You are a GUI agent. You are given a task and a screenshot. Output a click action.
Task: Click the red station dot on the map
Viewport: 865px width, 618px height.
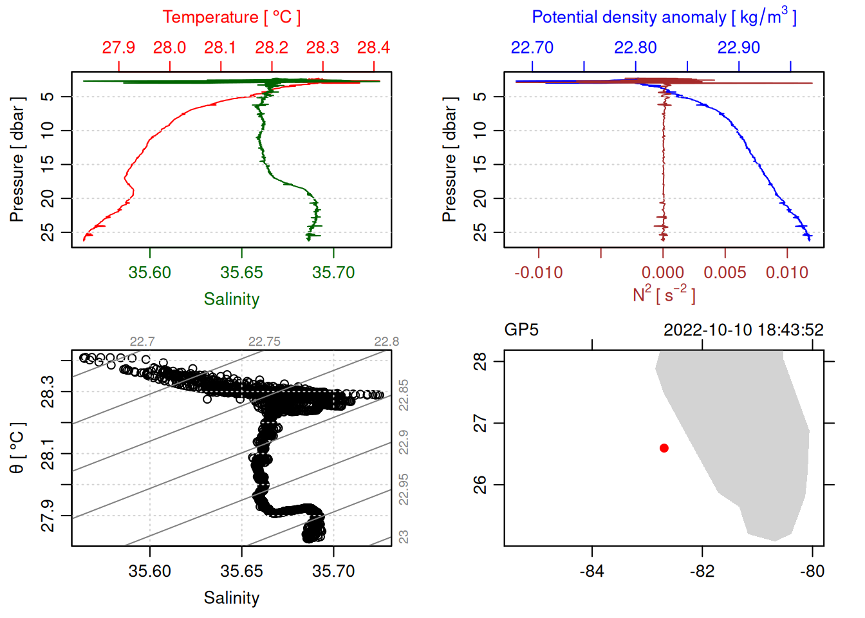click(664, 448)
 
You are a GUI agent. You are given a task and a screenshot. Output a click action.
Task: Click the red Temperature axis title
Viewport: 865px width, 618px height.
click(232, 17)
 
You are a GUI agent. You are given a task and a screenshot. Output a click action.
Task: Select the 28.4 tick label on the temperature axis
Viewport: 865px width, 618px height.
click(373, 48)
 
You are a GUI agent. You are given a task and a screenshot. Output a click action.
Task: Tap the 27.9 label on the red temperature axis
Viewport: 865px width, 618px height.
click(118, 48)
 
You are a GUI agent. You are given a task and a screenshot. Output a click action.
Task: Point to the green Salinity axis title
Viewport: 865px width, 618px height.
click(232, 299)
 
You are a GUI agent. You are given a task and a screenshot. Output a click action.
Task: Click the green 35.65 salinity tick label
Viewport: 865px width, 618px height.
click(241, 272)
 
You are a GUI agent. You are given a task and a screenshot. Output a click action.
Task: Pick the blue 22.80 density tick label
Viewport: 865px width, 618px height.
click(635, 48)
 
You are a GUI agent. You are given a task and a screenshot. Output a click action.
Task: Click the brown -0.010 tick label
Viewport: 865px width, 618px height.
click(538, 272)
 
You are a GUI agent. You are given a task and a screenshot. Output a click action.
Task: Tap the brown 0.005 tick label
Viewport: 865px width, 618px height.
click(725, 272)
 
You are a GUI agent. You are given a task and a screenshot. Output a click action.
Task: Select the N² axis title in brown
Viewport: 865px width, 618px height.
click(664, 294)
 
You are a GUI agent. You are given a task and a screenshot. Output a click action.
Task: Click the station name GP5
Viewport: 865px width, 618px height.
click(521, 330)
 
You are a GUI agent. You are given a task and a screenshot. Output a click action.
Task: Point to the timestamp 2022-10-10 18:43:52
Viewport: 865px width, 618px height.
click(743, 330)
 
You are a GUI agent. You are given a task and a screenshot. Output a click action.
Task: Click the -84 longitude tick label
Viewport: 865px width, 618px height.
click(591, 571)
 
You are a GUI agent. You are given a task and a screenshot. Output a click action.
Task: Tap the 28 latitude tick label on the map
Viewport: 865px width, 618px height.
click(480, 362)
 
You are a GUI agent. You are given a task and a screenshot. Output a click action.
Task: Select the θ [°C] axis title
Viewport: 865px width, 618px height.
click(17, 448)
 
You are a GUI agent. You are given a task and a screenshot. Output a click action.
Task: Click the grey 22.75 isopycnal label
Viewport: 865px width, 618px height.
click(265, 342)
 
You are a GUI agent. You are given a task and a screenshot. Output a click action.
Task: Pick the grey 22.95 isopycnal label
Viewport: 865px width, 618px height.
click(404, 489)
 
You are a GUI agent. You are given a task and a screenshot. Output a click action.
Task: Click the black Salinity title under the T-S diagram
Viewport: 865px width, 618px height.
click(232, 598)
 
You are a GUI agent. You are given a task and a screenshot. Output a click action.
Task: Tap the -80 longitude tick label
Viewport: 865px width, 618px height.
click(812, 571)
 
